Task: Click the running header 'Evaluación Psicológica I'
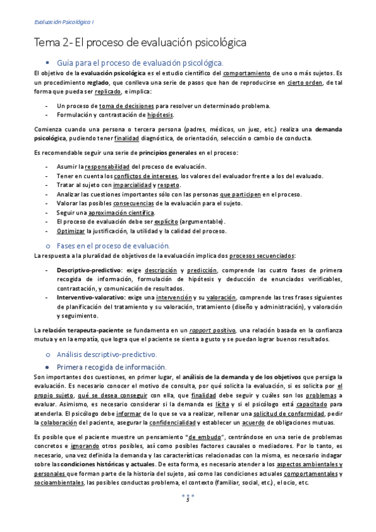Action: click(x=63, y=23)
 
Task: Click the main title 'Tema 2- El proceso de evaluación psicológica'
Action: click(x=139, y=43)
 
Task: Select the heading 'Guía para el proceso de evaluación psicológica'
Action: click(x=139, y=63)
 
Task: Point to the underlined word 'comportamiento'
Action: click(x=247, y=73)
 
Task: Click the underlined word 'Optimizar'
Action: click(x=70, y=231)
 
